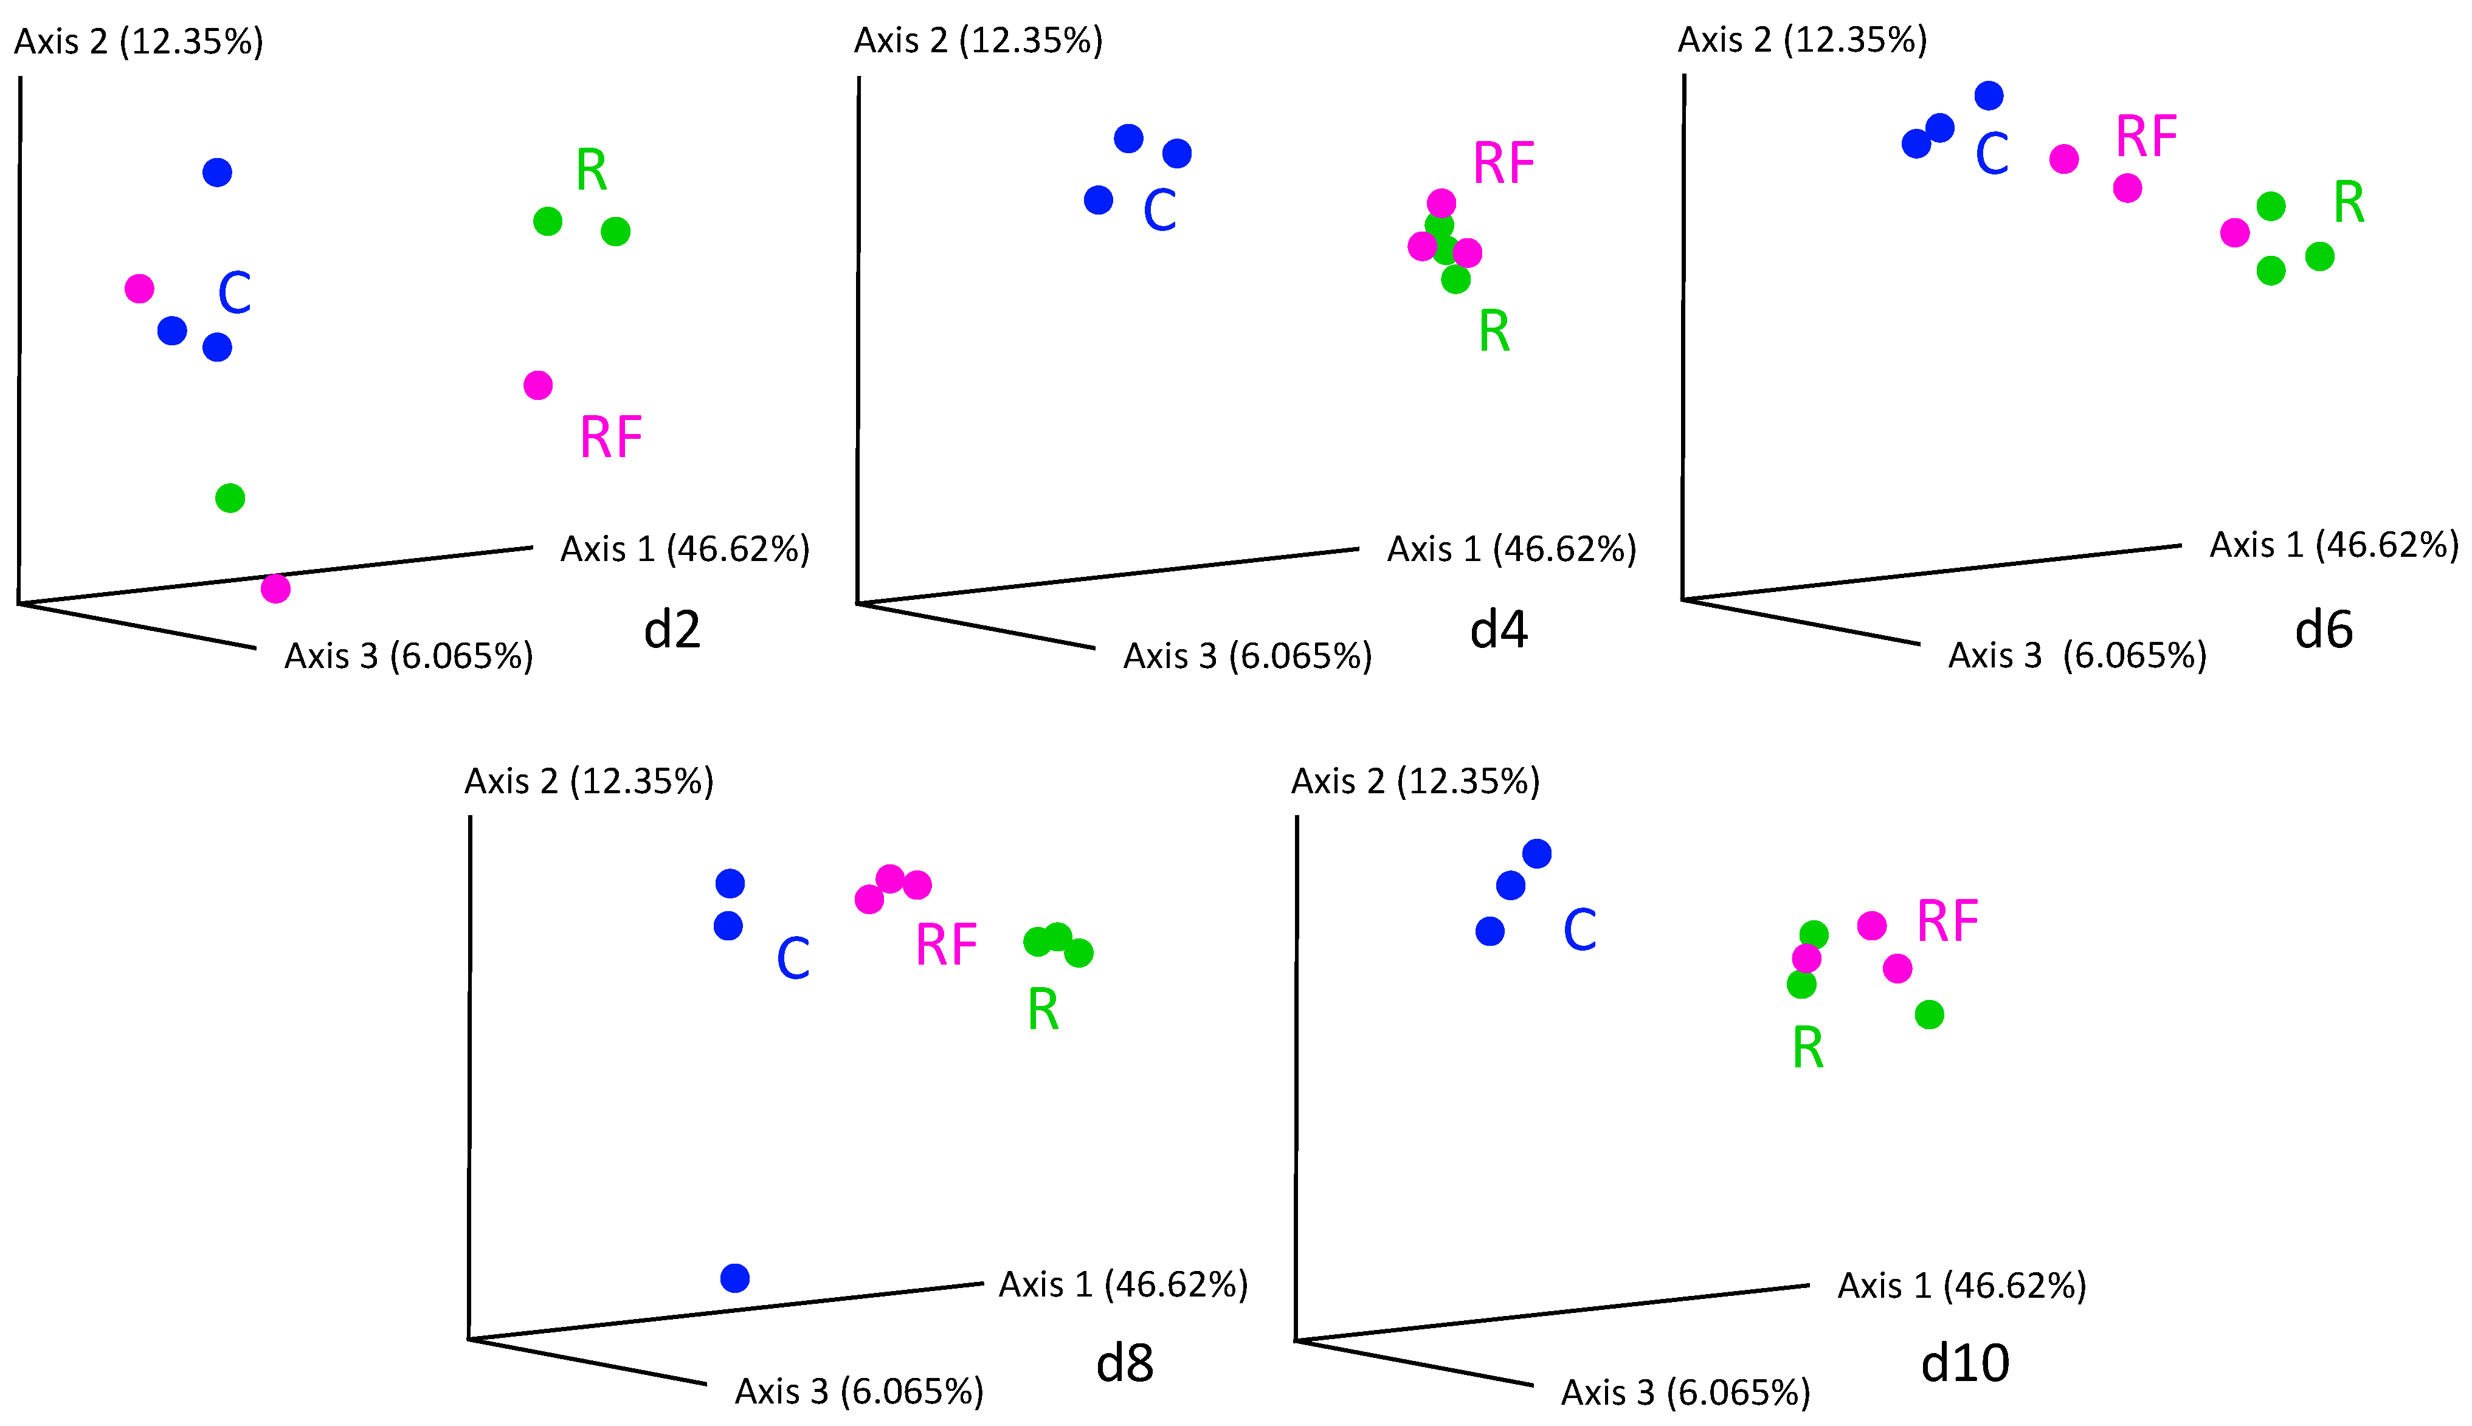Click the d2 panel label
click(672, 630)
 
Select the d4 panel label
click(1499, 630)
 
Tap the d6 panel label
click(2323, 630)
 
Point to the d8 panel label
click(1124, 1363)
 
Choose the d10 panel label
click(1965, 1363)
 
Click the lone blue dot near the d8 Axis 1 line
click(734, 1278)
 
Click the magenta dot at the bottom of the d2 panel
click(275, 588)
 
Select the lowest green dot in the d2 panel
click(230, 498)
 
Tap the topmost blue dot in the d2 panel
click(218, 173)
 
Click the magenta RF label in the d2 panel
click(611, 438)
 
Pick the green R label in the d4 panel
click(1494, 331)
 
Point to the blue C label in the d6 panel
click(1992, 154)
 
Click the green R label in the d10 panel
click(1808, 1049)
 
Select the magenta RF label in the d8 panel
click(946, 946)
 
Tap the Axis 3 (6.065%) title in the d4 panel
click(1247, 656)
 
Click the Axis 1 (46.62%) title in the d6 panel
click(2334, 545)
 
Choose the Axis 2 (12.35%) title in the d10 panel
click(1415, 782)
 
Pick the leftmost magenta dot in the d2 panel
click(140, 289)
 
